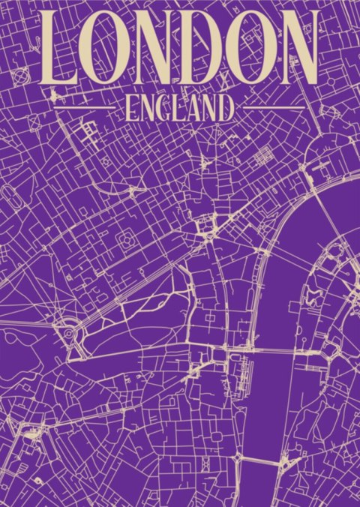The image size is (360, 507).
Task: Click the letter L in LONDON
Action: (x=58, y=49)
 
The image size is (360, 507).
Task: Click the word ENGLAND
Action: (x=179, y=108)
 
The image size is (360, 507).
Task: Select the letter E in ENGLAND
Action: (x=132, y=108)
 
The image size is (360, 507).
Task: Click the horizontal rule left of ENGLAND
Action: (x=85, y=108)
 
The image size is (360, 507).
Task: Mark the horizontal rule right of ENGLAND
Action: (x=274, y=108)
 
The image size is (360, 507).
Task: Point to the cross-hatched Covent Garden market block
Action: (x=265, y=156)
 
